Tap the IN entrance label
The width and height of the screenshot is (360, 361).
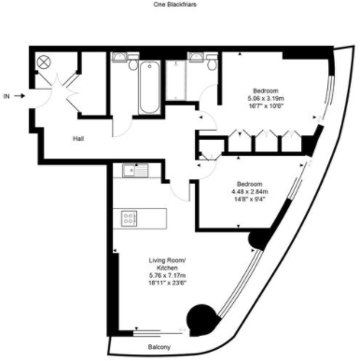7,95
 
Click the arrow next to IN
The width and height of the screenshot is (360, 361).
23,95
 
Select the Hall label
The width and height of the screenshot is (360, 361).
81,140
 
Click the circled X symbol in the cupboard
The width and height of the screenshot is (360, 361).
42,62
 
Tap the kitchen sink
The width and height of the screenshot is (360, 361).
131,172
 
